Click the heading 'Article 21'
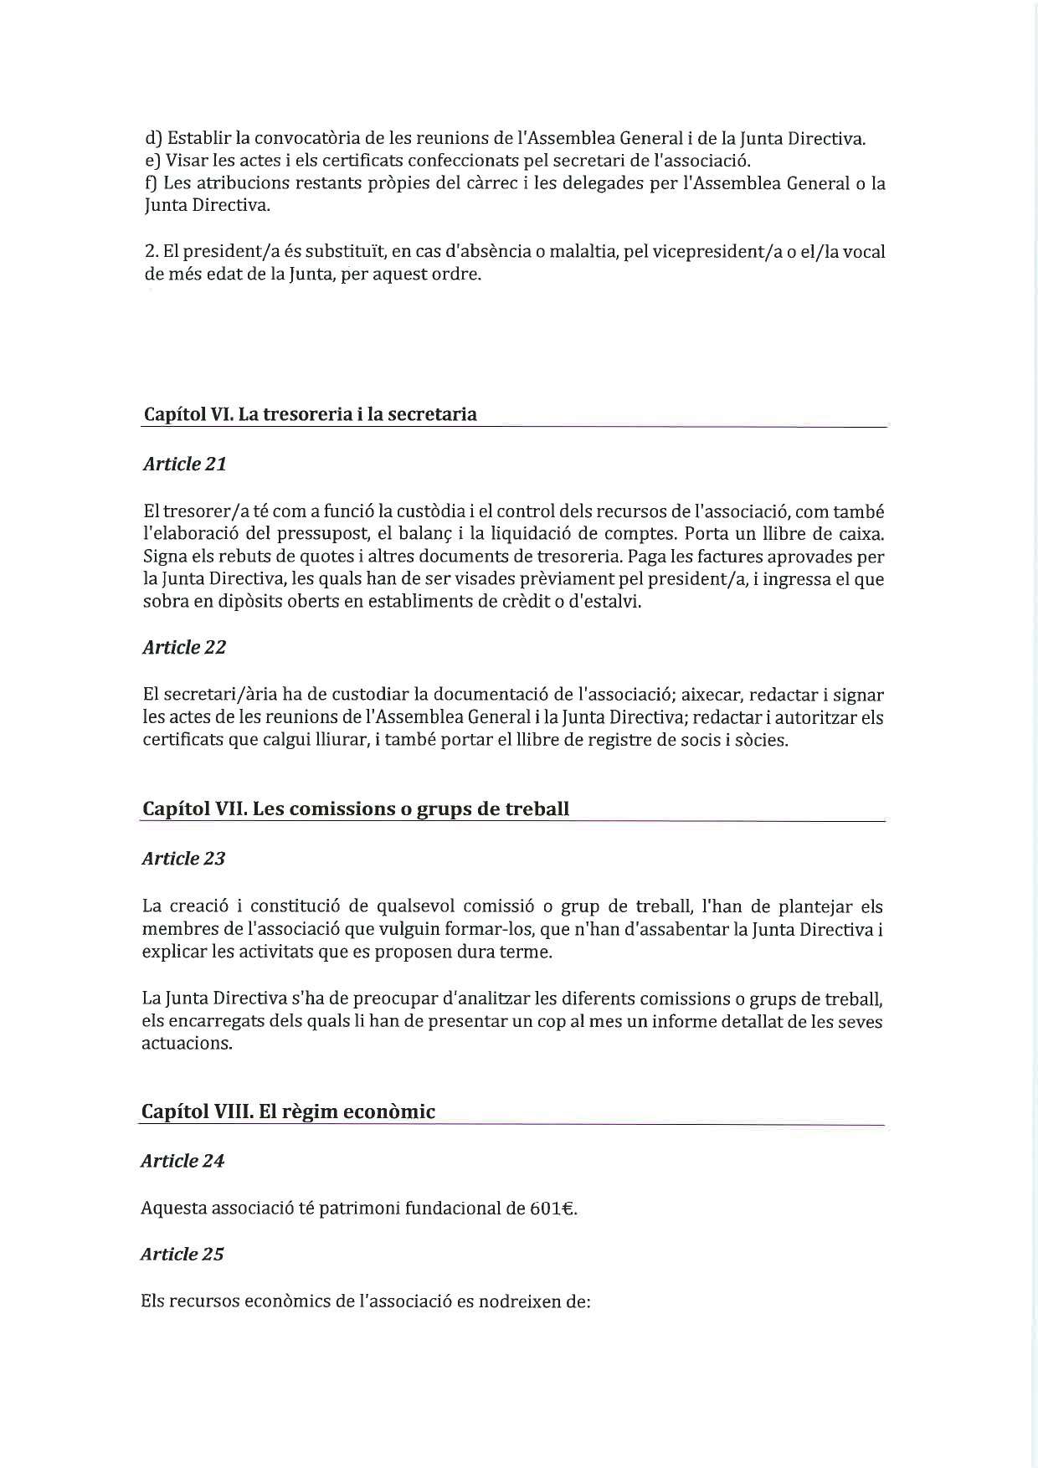click(184, 465)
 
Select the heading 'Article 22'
click(184, 648)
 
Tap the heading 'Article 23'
click(183, 859)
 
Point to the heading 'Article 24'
click(182, 1162)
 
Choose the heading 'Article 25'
click(182, 1255)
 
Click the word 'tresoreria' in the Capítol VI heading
click(303, 414)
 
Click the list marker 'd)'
click(153, 138)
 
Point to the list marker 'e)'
click(152, 161)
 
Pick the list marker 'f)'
click(152, 183)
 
